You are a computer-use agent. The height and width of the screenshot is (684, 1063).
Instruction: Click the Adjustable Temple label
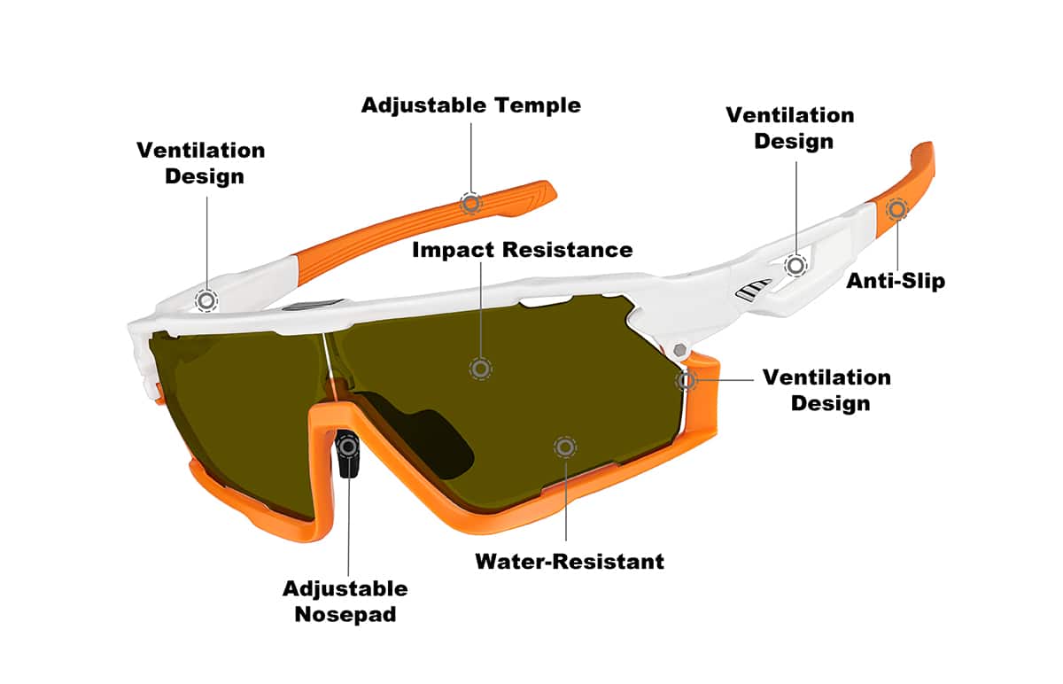pyautogui.click(x=470, y=105)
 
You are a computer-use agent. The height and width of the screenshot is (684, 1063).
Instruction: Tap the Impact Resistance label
pyautogui.click(x=522, y=250)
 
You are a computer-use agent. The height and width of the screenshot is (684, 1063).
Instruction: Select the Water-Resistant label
pyautogui.click(x=570, y=562)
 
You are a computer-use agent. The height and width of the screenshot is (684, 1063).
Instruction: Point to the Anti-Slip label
pyautogui.click(x=896, y=281)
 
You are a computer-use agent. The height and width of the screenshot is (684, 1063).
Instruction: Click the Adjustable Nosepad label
pyautogui.click(x=345, y=602)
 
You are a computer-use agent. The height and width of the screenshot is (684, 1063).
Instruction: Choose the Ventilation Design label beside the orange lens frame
pyautogui.click(x=826, y=390)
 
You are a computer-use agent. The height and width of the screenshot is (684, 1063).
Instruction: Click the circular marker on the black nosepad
pyautogui.click(x=349, y=447)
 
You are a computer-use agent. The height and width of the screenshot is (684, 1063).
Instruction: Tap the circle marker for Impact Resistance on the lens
pyautogui.click(x=480, y=369)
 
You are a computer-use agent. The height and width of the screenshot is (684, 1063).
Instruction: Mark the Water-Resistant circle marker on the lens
pyautogui.click(x=565, y=447)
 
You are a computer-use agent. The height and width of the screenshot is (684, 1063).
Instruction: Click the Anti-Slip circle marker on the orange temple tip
pyautogui.click(x=896, y=209)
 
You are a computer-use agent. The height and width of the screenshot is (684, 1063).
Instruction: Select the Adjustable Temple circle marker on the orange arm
pyautogui.click(x=470, y=204)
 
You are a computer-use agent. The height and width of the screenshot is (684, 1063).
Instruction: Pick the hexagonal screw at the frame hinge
pyautogui.click(x=680, y=350)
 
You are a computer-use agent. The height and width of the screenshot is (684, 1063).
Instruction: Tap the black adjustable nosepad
pyautogui.click(x=348, y=454)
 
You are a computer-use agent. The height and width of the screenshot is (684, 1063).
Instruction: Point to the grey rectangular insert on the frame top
pyautogui.click(x=313, y=305)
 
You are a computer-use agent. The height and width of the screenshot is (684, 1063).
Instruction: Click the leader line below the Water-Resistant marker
pyautogui.click(x=565, y=500)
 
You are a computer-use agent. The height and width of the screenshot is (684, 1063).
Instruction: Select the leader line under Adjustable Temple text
pyautogui.click(x=470, y=158)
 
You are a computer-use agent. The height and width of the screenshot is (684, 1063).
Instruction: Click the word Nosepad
pyautogui.click(x=345, y=614)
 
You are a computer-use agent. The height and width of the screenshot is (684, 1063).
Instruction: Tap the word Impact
pyautogui.click(x=454, y=250)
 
